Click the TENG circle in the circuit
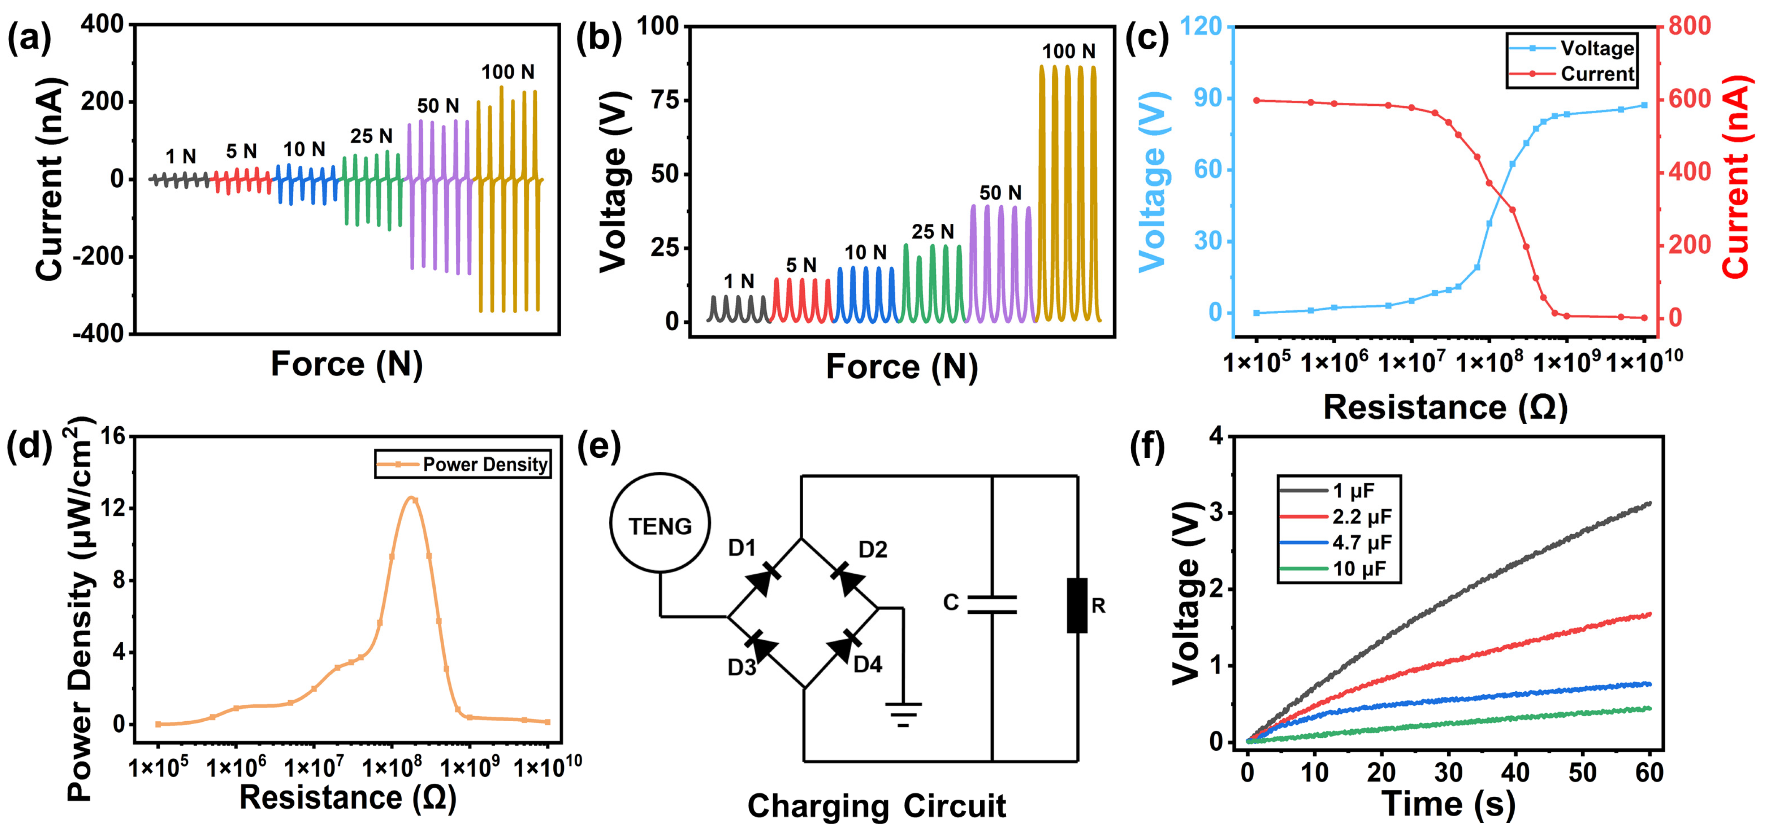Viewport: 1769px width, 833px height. coord(660,523)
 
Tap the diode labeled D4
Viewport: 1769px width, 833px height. coord(843,648)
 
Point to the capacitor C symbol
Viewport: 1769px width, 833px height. coord(992,605)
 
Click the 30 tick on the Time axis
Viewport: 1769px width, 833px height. coord(1448,773)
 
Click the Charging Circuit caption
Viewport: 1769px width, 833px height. coord(876,806)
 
